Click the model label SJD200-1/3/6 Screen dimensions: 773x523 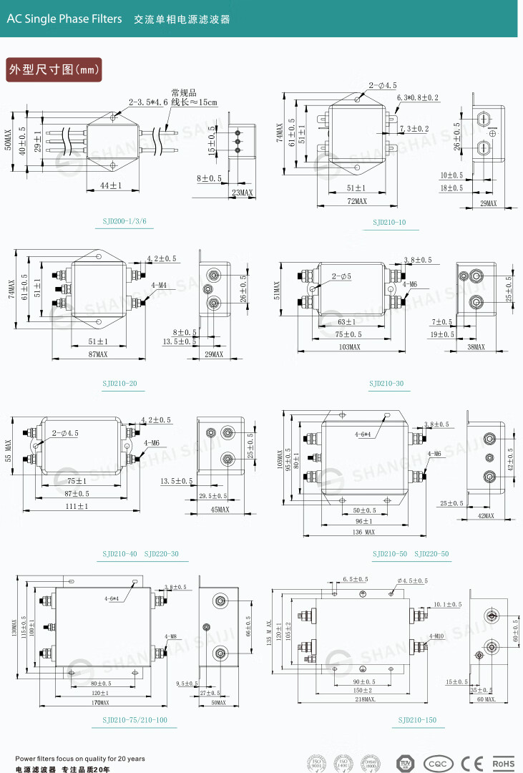coord(124,222)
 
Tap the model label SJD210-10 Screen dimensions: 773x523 coord(388,223)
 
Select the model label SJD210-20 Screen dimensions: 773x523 coord(119,384)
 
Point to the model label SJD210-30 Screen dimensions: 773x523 coord(386,384)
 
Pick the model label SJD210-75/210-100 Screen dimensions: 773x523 coord(135,720)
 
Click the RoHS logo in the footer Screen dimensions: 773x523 coord(504,764)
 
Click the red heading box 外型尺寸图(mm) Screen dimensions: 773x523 coord(53,69)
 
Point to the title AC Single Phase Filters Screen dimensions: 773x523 coord(64,19)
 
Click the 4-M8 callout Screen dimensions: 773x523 coord(171,636)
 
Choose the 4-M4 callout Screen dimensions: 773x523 coord(159,285)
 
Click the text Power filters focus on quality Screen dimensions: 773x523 coord(79,759)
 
